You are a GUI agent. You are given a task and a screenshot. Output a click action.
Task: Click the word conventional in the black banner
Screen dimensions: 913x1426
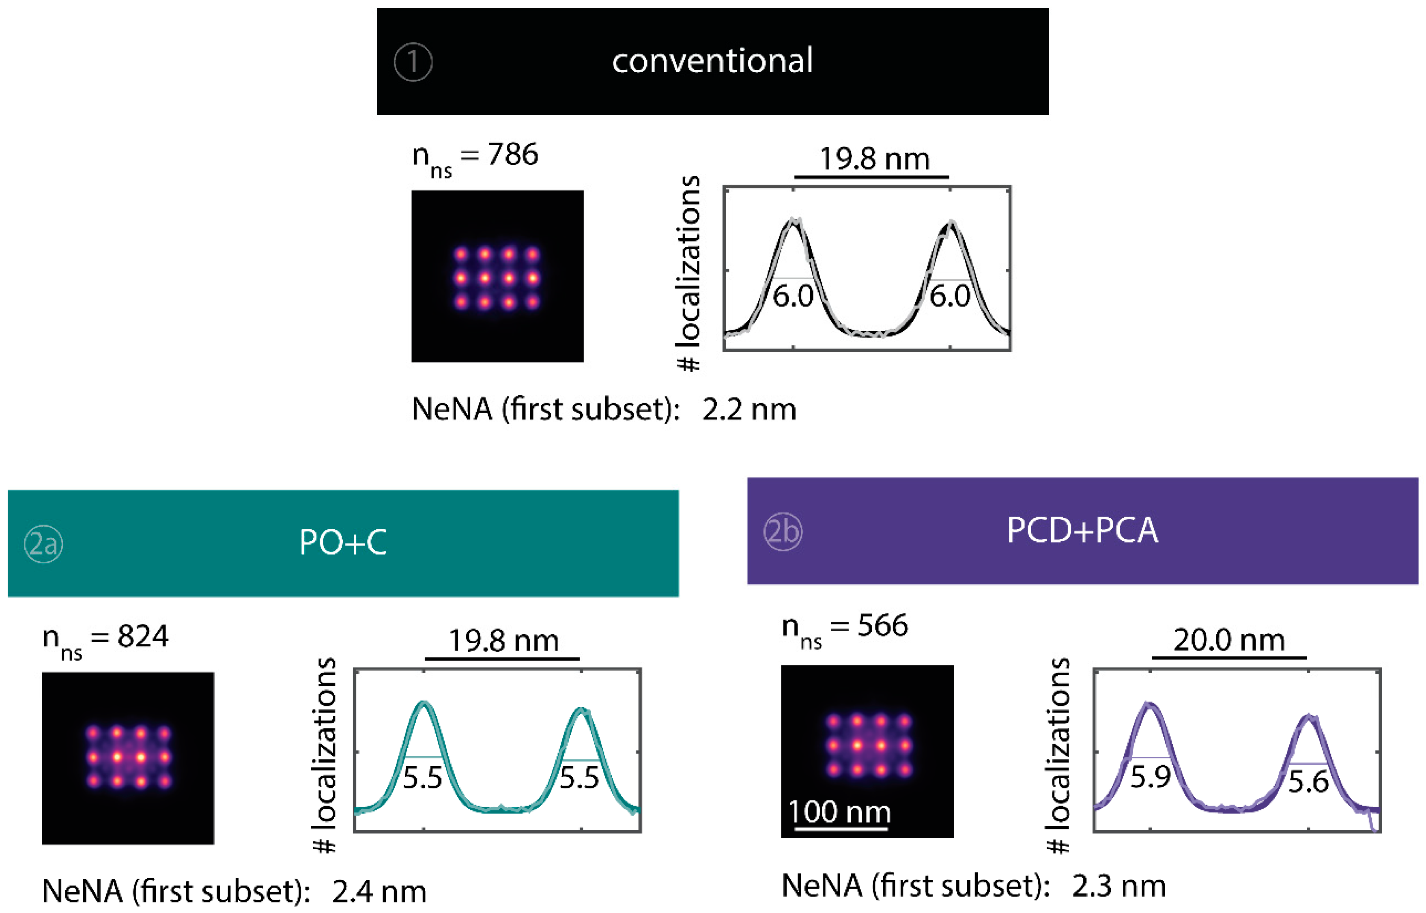[x=712, y=60]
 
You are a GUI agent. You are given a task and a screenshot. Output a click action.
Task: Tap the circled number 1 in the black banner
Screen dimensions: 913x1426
[x=413, y=62]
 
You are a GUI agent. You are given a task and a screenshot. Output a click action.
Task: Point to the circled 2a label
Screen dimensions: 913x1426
[x=43, y=544]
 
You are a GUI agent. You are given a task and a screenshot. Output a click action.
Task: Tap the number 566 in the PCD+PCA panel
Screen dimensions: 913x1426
[x=882, y=626]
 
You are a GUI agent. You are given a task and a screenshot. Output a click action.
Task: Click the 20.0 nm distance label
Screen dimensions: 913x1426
[x=1229, y=640]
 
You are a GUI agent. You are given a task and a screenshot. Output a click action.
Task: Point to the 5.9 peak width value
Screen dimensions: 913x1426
[x=1150, y=777]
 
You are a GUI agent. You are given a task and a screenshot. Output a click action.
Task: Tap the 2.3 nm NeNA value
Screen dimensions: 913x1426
[x=1118, y=886]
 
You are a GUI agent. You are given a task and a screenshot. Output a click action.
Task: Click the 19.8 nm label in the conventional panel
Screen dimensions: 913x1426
[x=874, y=159]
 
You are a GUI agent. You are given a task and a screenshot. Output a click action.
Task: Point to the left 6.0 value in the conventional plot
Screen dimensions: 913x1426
[x=793, y=296]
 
